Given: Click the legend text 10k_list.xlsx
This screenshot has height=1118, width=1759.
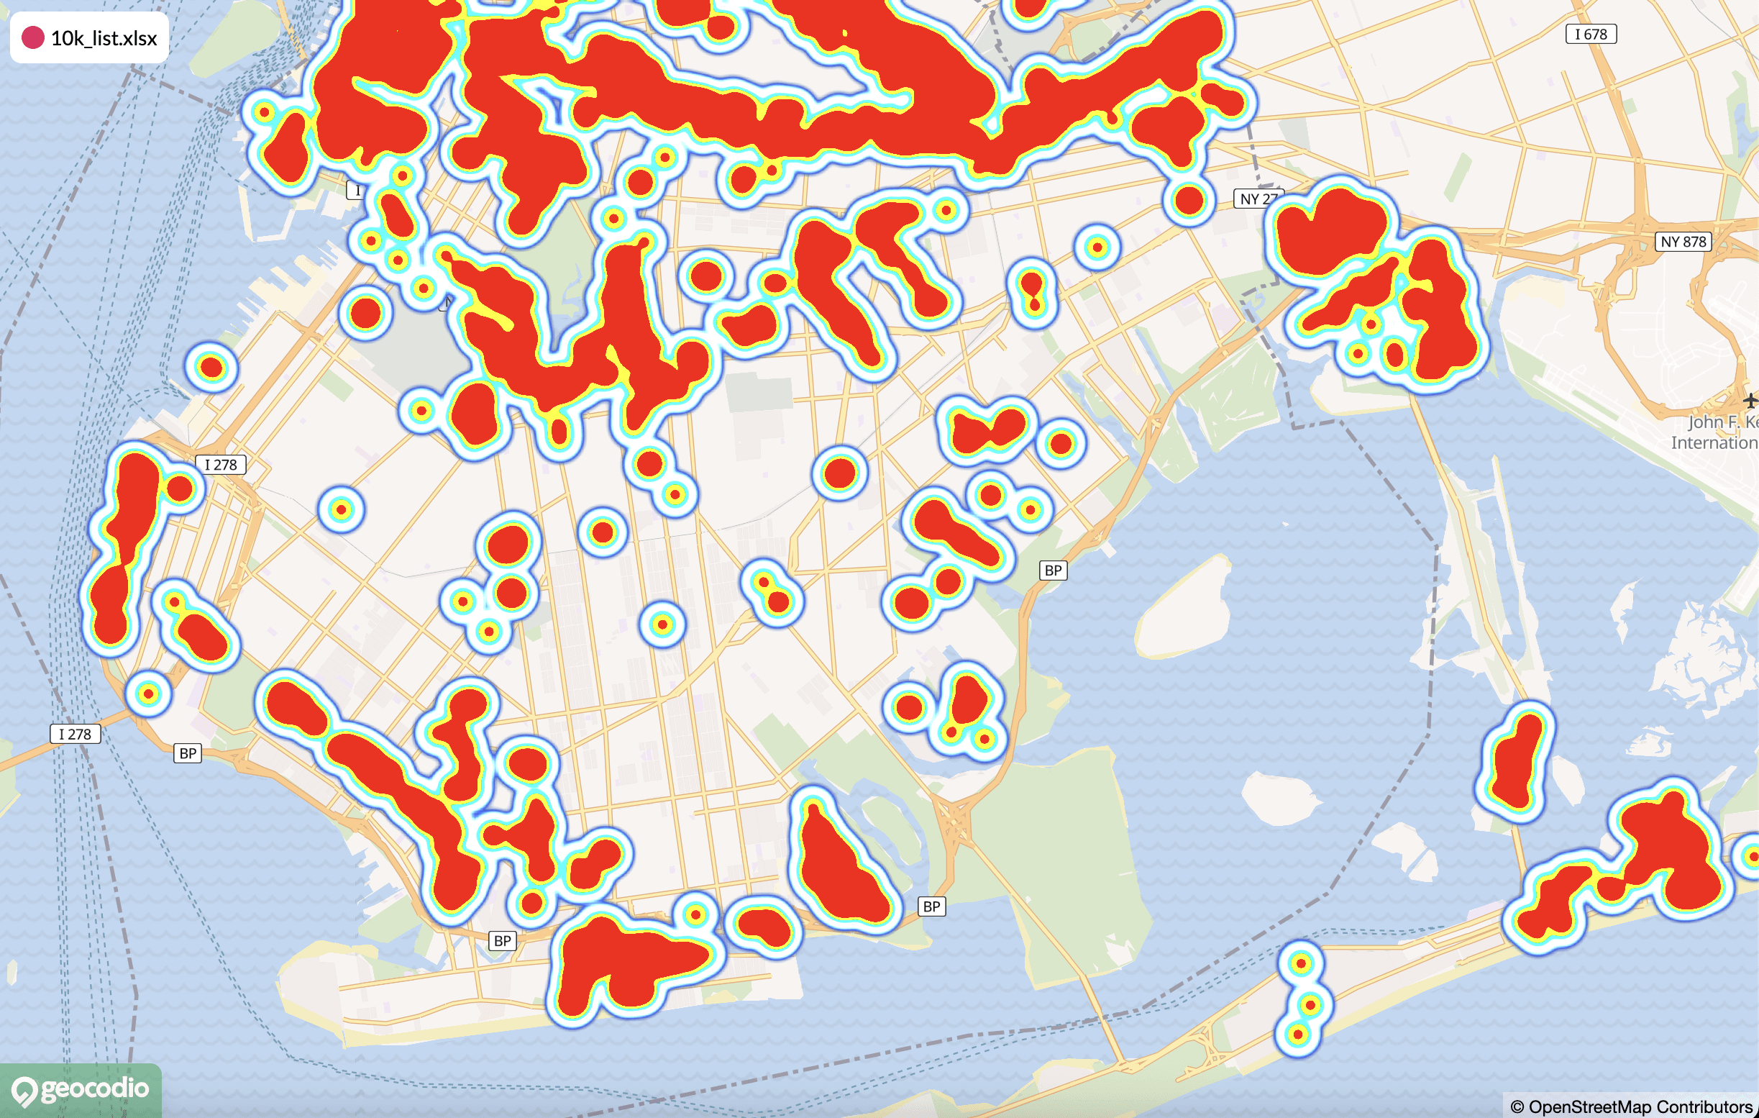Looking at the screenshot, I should pos(104,38).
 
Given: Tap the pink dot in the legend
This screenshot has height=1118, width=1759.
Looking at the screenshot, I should pos(33,37).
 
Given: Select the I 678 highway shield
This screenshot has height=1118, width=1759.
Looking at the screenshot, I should pos(1590,35).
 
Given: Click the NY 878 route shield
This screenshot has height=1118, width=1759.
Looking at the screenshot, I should pos(1683,242).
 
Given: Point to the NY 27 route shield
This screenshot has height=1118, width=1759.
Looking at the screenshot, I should pos(1257,198).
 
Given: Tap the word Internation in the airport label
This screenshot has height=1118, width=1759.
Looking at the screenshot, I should pos(1714,443).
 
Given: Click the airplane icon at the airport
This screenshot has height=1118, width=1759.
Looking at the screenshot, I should pos(1750,401).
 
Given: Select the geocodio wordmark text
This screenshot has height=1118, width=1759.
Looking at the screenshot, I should pos(95,1089).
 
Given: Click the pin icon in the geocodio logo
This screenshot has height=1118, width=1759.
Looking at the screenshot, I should pos(24,1091).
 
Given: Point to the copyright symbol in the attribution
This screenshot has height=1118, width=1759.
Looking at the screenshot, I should pos(1517,1107).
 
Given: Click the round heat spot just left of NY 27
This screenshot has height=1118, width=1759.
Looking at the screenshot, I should pos(1189,199).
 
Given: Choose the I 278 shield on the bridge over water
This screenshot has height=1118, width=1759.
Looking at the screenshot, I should pos(75,734).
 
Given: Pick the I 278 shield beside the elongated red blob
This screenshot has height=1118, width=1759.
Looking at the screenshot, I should pos(220,465).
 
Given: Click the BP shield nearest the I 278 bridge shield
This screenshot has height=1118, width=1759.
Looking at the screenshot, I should pos(188,753).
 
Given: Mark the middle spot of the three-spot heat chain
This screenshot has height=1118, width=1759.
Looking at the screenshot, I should pos(1310,1005).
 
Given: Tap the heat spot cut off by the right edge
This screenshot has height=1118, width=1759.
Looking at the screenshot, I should pos(1752,855).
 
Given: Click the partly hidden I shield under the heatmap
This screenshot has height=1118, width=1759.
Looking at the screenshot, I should pos(357,191).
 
